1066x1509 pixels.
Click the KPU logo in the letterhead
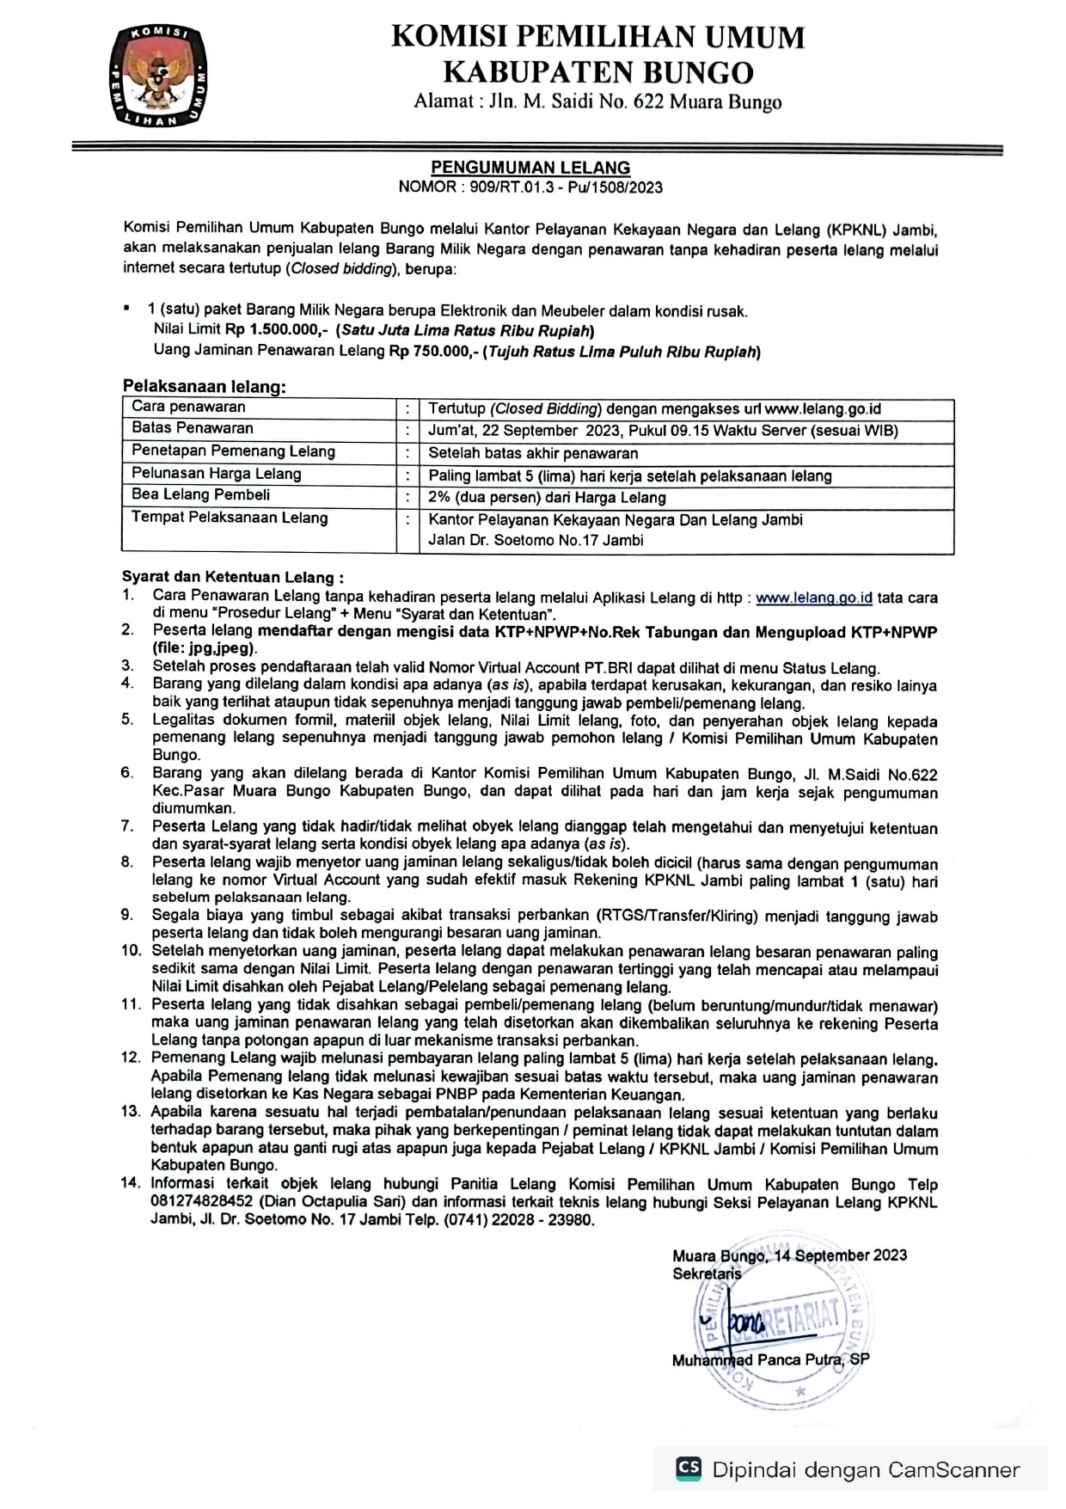(x=158, y=77)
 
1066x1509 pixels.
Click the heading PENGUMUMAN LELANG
(x=530, y=168)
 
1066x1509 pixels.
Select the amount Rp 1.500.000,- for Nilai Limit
(x=278, y=330)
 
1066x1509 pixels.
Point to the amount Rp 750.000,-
(x=434, y=351)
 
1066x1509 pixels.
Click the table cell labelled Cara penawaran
(x=188, y=408)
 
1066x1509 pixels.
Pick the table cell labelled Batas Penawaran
(x=193, y=428)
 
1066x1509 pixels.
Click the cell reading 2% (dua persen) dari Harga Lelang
(x=547, y=498)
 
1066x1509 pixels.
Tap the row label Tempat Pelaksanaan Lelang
(x=230, y=518)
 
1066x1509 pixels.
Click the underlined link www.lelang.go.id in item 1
(x=813, y=598)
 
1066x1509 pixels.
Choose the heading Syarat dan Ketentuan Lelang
(x=232, y=577)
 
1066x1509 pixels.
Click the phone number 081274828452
(x=202, y=1201)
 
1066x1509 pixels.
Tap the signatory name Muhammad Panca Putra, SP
(x=770, y=1359)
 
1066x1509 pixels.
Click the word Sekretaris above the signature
(x=707, y=1273)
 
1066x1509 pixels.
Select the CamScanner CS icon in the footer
(x=689, y=1468)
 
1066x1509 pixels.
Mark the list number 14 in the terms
(x=130, y=1183)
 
